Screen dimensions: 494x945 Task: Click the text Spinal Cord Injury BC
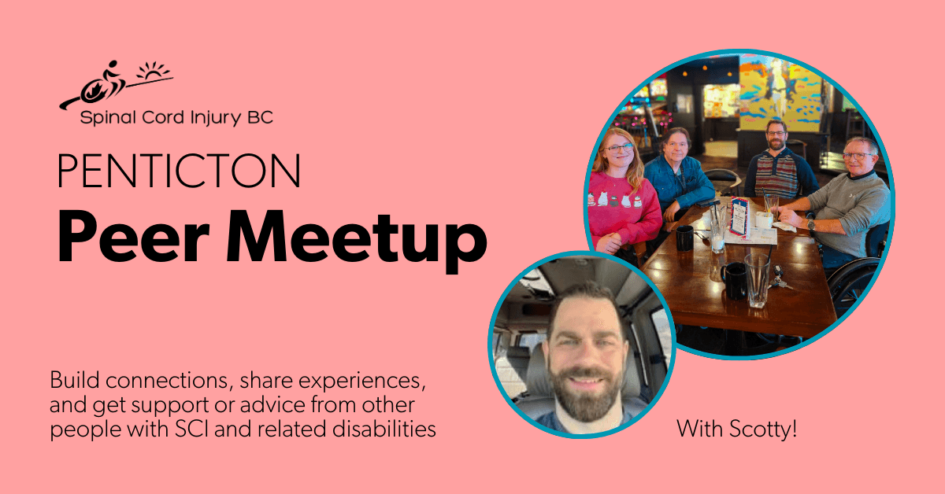[176, 119]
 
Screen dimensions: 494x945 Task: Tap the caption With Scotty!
[737, 430]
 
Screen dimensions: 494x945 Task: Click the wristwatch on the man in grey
[812, 225]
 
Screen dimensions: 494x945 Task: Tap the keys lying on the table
[780, 278]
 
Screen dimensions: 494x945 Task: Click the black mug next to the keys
[735, 280]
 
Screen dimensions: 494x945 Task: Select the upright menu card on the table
[739, 216]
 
